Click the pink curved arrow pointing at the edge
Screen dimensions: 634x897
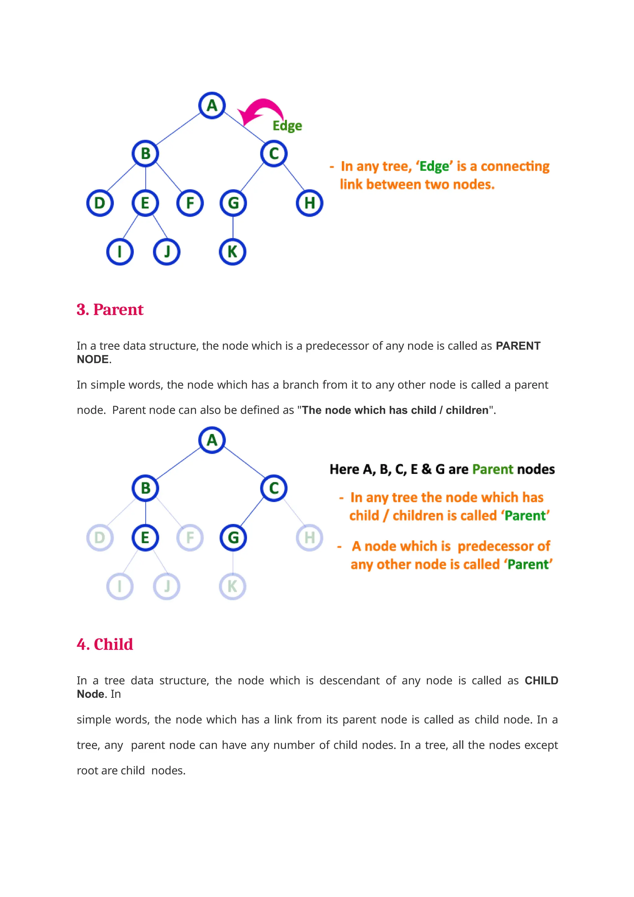[x=261, y=110]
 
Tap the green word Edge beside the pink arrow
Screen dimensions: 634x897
[x=287, y=126]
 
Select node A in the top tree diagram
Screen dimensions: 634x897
[x=212, y=106]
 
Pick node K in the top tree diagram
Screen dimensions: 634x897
[x=232, y=252]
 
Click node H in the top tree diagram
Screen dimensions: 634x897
[x=309, y=203]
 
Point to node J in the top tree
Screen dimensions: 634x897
[x=167, y=252]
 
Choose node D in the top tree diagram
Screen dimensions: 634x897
[x=100, y=203]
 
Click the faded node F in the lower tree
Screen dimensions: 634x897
[x=190, y=538]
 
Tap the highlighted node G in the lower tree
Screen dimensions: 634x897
[x=233, y=538]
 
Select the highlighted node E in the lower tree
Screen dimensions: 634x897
[x=145, y=538]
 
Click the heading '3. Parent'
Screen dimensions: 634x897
[x=110, y=310]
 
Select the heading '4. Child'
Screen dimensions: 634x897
[x=105, y=644]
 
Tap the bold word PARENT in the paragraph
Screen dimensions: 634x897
[x=518, y=346]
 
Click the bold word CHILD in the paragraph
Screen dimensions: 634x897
[x=541, y=681]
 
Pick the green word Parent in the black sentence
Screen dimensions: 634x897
[x=493, y=469]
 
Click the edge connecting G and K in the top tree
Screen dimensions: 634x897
[x=233, y=227]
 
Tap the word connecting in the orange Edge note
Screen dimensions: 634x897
[x=515, y=167]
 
